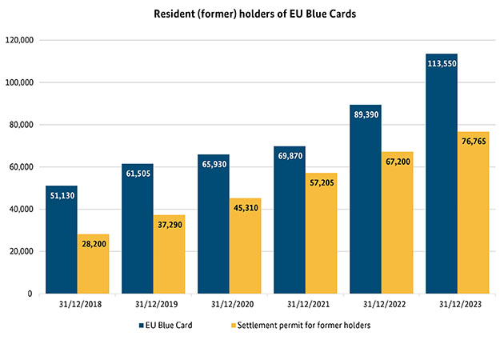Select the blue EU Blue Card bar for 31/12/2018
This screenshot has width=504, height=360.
click(62, 240)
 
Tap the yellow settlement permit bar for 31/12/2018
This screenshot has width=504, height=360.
click(93, 264)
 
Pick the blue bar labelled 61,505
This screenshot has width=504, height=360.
click(138, 232)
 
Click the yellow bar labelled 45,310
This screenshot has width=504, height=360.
click(245, 248)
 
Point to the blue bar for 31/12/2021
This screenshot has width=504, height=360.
click(290, 224)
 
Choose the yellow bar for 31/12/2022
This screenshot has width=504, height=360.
click(397, 224)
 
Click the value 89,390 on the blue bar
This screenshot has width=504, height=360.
click(366, 115)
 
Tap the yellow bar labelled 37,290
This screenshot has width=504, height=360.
click(169, 256)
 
